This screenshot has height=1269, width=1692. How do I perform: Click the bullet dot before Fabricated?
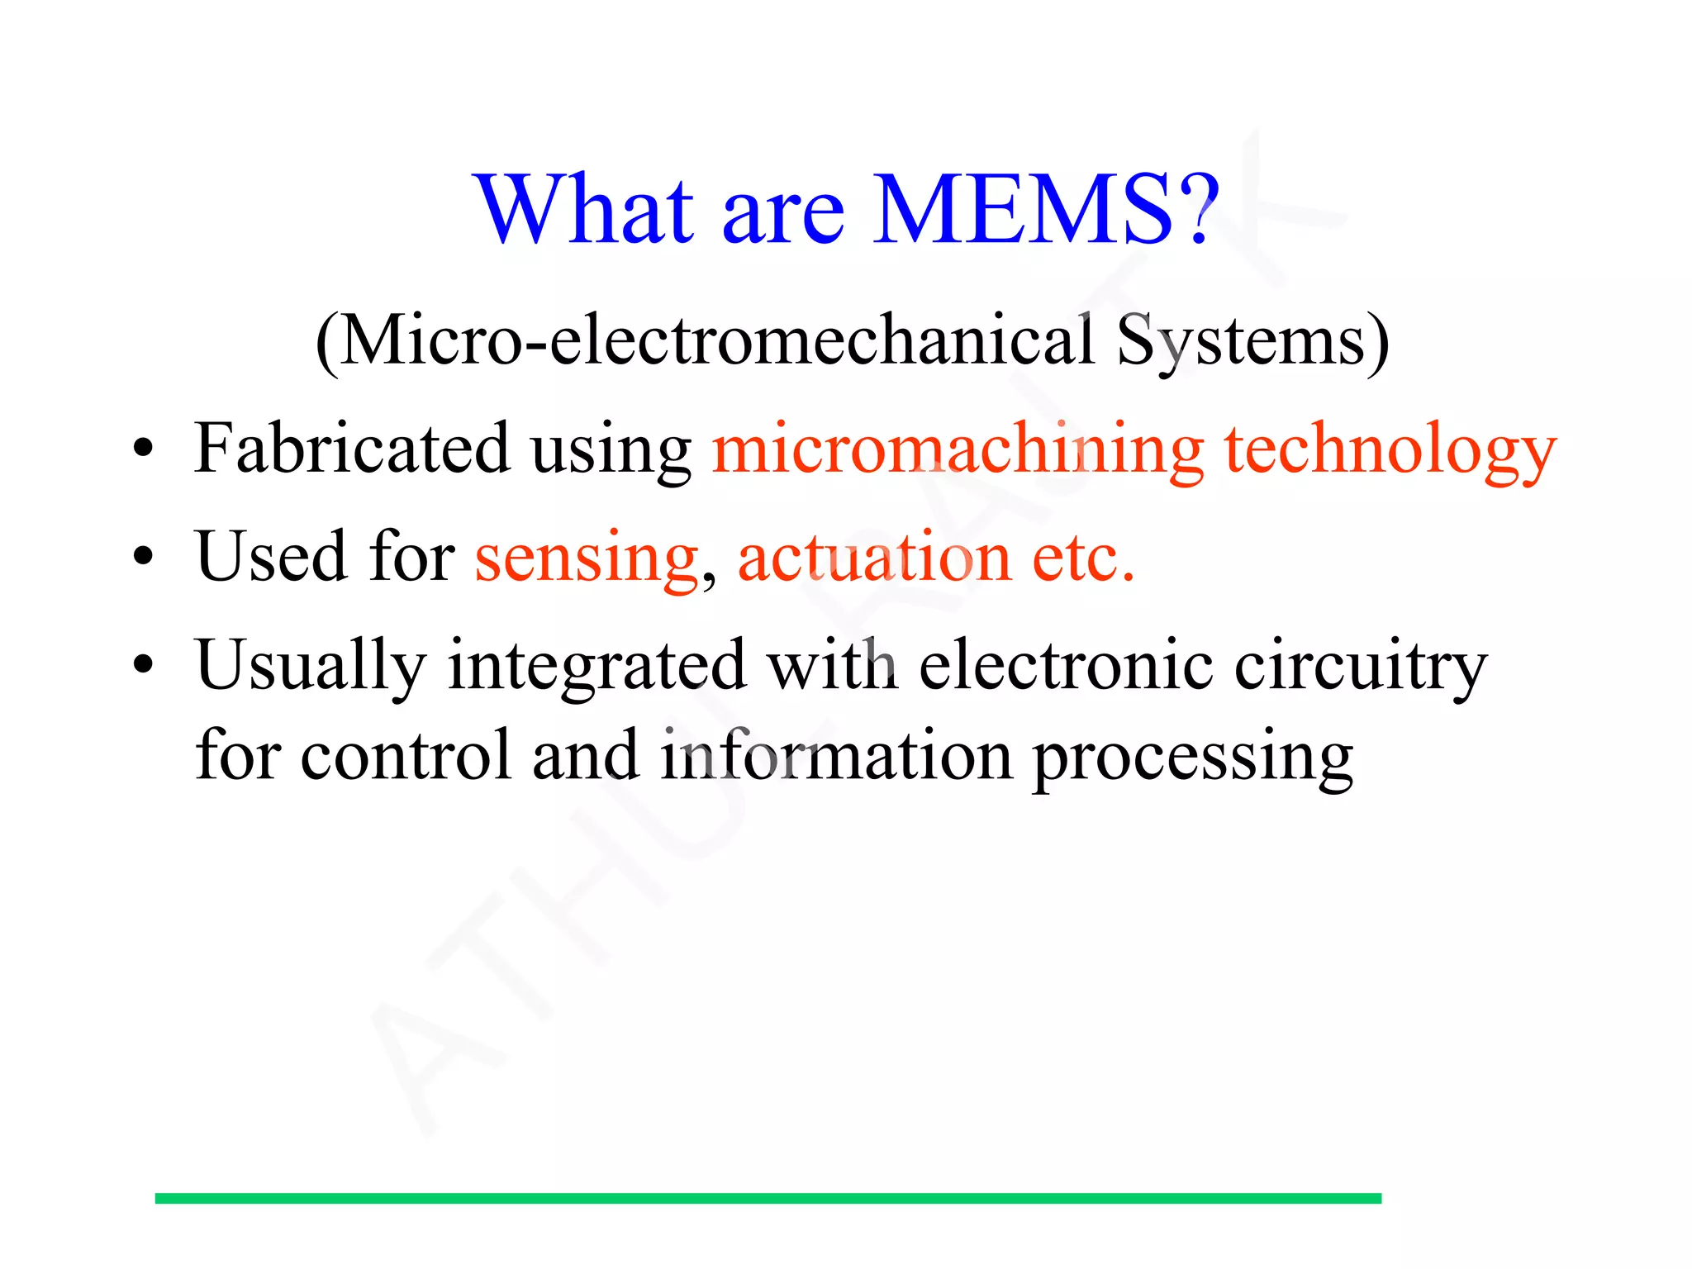[144, 449]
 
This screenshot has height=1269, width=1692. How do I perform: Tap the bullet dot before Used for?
[144, 557]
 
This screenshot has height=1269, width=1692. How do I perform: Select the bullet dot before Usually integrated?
[144, 664]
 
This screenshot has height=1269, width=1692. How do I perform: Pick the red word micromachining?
[958, 451]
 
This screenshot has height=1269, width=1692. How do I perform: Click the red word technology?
[1390, 451]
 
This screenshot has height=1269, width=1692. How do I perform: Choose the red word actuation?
[874, 557]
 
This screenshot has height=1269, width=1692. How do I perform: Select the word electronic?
[1066, 664]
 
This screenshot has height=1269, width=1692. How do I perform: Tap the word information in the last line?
[835, 755]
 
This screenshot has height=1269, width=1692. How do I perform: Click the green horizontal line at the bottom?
[768, 1198]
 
